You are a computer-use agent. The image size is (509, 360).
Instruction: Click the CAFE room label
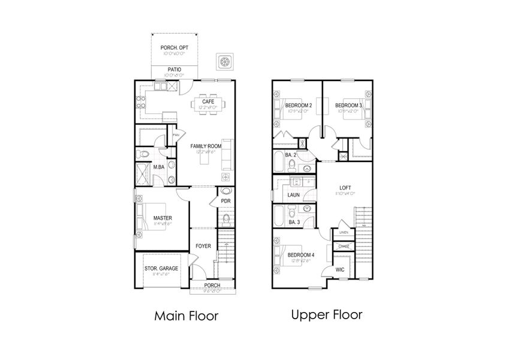click(208, 101)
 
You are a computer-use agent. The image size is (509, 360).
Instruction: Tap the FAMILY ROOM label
click(206, 146)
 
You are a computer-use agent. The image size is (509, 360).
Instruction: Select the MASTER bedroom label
click(162, 218)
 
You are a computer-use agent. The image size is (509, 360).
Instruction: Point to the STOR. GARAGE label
click(161, 268)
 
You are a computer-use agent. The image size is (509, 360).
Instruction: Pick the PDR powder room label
click(226, 201)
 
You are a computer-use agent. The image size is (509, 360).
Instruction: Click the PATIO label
click(174, 70)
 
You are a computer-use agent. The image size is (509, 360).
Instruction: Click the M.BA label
click(159, 167)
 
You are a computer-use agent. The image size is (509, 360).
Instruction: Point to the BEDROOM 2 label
click(299, 106)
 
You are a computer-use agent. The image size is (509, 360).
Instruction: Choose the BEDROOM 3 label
click(350, 106)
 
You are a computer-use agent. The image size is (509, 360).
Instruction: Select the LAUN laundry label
click(294, 195)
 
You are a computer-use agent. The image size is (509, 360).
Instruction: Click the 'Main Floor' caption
click(186, 315)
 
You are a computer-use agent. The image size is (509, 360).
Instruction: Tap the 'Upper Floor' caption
click(326, 314)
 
